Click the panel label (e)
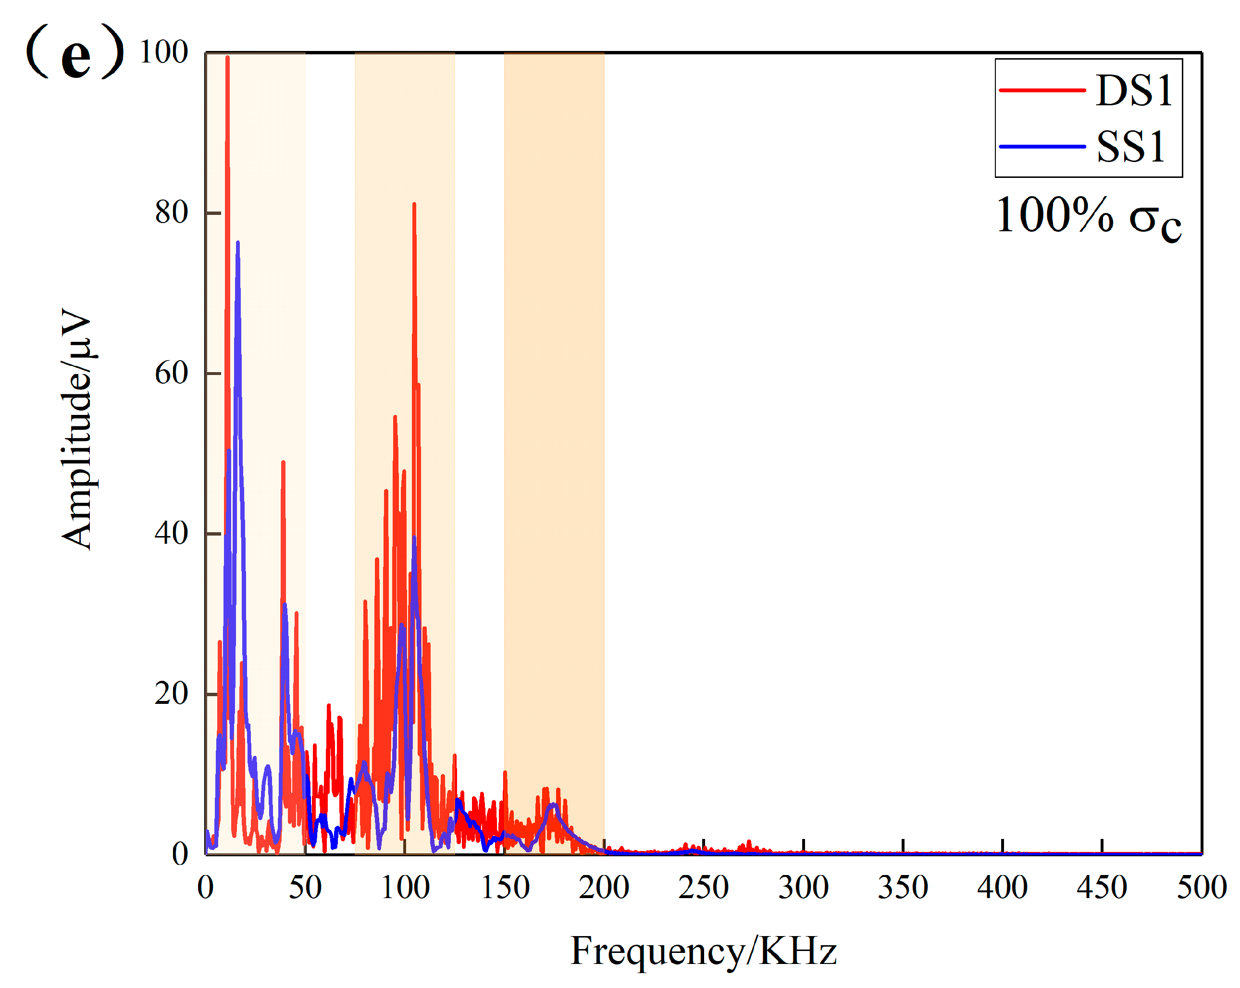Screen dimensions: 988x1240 [x=75, y=53]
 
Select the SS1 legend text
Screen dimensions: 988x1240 [x=1130, y=147]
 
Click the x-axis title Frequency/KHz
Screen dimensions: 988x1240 [x=703, y=950]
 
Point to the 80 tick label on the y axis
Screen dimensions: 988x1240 [x=172, y=213]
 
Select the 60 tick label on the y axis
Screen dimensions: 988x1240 [x=172, y=374]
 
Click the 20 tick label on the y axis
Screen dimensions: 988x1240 [x=172, y=694]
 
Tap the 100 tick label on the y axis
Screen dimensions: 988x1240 [x=164, y=52]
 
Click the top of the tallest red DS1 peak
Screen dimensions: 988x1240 [x=228, y=57]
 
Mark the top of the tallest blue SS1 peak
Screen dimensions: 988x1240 [x=237, y=243]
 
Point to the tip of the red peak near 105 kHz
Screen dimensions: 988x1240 [x=414, y=204]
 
